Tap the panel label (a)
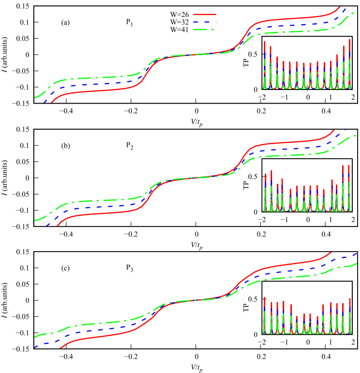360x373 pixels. point(66,22)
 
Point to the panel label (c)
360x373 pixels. point(66,268)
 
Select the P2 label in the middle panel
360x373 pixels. point(129,145)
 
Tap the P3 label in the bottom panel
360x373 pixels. point(129,268)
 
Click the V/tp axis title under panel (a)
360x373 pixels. point(196,120)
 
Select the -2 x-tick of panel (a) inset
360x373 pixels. point(264,97)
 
